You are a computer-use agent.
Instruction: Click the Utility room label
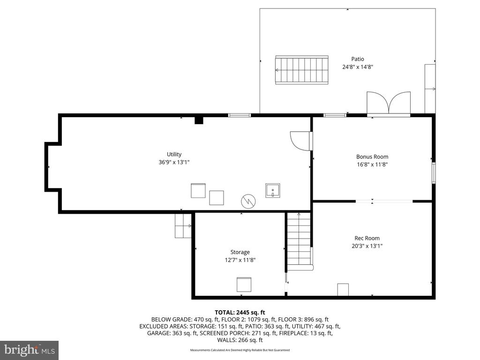click(x=174, y=154)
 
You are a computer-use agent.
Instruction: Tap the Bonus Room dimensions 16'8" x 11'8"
click(x=372, y=165)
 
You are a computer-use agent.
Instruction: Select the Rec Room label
click(x=367, y=238)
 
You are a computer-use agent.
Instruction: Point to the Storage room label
click(x=240, y=252)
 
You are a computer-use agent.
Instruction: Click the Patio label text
click(x=358, y=59)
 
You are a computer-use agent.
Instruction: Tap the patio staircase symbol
click(x=302, y=70)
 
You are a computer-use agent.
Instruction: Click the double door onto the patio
click(x=389, y=103)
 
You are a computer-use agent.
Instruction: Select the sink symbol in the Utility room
click(x=272, y=190)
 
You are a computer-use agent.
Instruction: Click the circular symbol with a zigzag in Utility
click(x=248, y=202)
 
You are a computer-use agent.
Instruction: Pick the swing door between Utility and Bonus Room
click(x=301, y=141)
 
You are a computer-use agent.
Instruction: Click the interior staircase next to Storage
click(x=299, y=242)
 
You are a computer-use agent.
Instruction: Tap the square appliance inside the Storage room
click(x=244, y=285)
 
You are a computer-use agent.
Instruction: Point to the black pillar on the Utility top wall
click(x=199, y=120)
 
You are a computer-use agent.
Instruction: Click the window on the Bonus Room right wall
click(x=434, y=173)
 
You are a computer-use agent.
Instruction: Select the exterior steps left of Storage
click(x=183, y=226)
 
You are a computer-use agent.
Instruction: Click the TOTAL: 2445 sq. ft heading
click(x=240, y=313)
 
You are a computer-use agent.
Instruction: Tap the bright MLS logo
click(x=30, y=350)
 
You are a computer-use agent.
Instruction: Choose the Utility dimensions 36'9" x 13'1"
click(x=174, y=162)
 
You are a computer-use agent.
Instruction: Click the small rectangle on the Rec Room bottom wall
click(x=343, y=290)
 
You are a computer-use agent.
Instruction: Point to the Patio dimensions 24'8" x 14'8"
click(x=358, y=67)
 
